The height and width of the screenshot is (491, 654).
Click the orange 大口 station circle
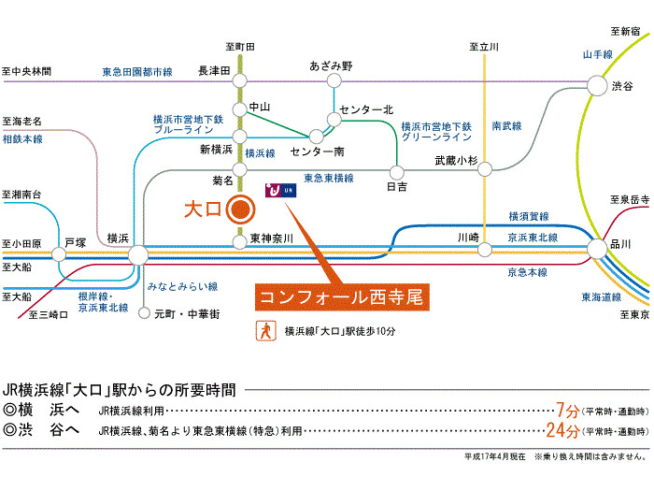tap(241, 209)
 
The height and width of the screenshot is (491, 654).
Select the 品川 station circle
tap(597, 248)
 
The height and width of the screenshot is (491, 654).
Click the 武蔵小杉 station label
tap(456, 162)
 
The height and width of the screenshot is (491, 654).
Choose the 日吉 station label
tap(397, 187)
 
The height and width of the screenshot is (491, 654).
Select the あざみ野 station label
tap(333, 65)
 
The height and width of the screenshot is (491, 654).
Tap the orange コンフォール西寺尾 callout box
tap(341, 296)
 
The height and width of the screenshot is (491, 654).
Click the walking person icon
tap(266, 330)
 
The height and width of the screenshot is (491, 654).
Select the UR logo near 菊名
tap(280, 190)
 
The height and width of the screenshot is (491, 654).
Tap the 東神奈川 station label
tap(272, 238)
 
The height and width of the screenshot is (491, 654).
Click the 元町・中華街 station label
tap(187, 314)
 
